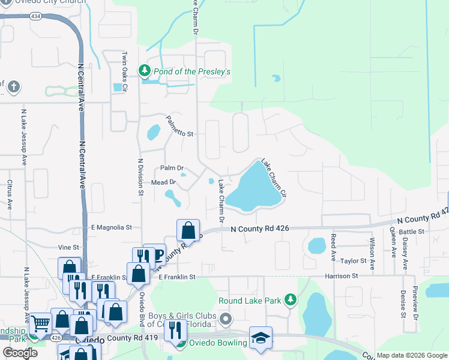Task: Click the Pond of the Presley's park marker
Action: tap(144, 71)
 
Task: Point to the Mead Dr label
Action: tap(163, 182)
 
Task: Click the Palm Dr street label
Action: tap(172, 168)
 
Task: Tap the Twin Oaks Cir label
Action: tap(125, 71)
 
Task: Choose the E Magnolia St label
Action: tap(111, 227)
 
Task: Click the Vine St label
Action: tap(68, 247)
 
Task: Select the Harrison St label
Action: tap(342, 276)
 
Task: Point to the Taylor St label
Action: tap(354, 261)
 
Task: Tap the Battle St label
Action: tap(411, 232)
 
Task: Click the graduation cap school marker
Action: tap(261, 338)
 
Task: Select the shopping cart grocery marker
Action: tap(41, 324)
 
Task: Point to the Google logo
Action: tap(20, 352)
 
